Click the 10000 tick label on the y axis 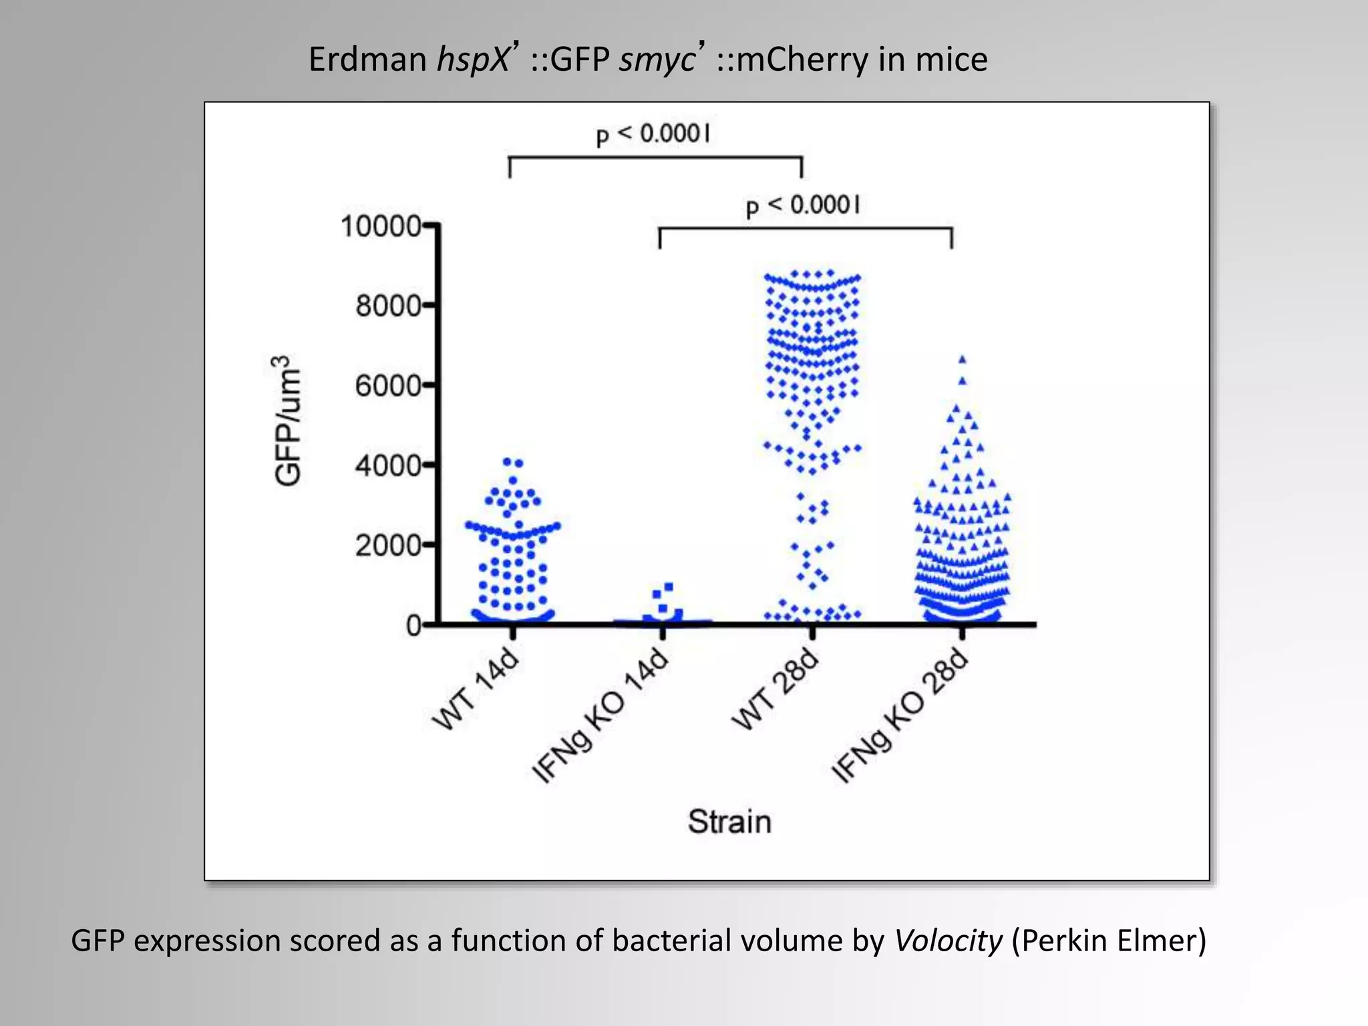point(381,226)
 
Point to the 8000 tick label point(388,307)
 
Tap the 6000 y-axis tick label point(388,386)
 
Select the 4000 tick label point(388,466)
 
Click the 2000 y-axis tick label point(388,546)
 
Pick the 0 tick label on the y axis point(414,626)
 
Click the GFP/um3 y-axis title point(287,420)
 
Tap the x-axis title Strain point(729,822)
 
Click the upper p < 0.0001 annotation point(653,134)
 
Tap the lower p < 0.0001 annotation point(803,206)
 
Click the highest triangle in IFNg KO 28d point(963,359)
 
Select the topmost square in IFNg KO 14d point(669,586)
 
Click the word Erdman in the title point(367,59)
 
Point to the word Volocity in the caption point(948,940)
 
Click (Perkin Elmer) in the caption point(1109,940)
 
